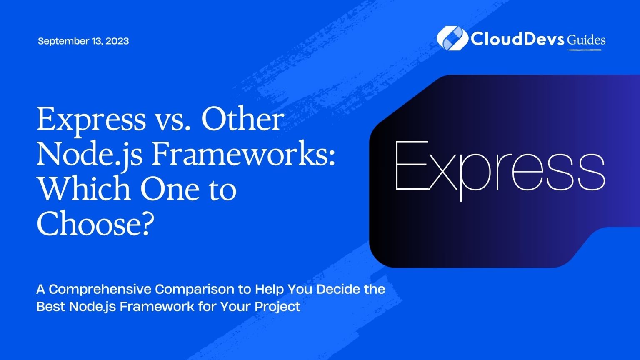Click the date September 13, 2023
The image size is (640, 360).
coord(83,41)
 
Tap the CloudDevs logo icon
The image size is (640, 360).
coord(452,38)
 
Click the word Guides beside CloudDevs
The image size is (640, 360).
coord(586,40)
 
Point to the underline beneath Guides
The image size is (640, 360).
coord(584,50)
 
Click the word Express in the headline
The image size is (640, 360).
coord(91,120)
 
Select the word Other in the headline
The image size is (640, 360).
coord(242,119)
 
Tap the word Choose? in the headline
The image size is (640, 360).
coord(93,223)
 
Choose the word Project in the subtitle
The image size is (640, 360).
coord(277,307)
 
